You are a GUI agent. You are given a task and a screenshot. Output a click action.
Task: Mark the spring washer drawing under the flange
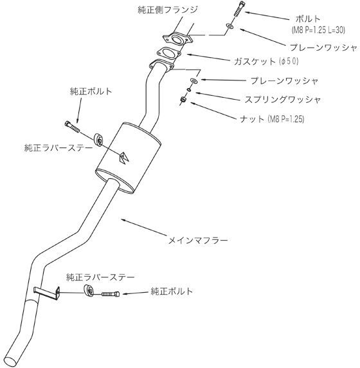point(189,91)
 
